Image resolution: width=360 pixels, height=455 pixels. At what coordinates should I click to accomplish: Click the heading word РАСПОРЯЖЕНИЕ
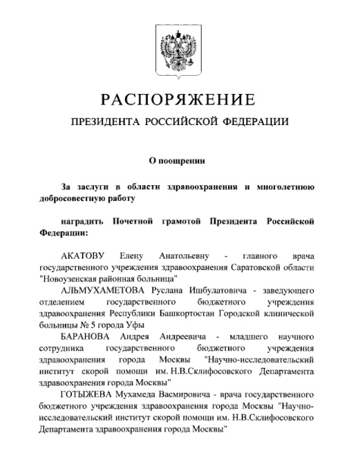[x=180, y=100]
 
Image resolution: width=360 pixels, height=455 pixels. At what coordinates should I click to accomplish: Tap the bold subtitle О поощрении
[x=180, y=161]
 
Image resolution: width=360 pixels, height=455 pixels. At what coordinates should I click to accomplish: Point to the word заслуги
[x=96, y=187]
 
